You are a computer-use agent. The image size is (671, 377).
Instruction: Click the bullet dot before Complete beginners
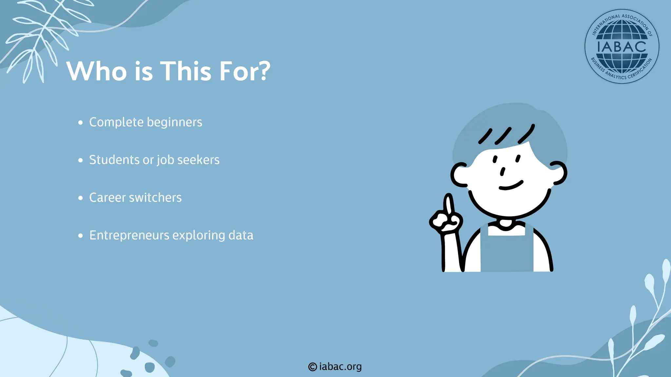point(81,123)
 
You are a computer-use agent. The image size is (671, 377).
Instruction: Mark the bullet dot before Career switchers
point(81,198)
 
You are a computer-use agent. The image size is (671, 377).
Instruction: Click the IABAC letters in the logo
point(622,47)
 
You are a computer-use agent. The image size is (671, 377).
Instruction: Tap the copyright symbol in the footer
point(313,367)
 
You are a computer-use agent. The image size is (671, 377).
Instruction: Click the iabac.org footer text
point(340,367)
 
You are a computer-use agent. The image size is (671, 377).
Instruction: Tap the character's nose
point(502,171)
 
